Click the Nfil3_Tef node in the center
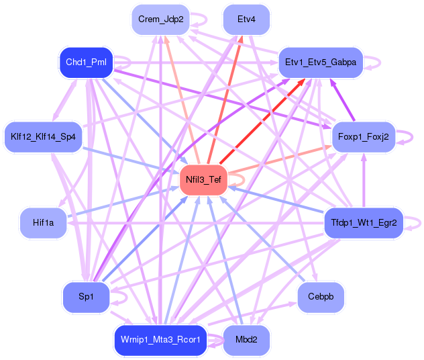coord(203,179)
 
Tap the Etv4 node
coord(246,19)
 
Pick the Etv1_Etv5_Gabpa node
coord(320,62)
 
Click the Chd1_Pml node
coord(86,62)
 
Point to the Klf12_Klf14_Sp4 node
coord(43,137)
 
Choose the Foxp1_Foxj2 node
coord(364,137)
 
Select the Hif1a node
coord(43,222)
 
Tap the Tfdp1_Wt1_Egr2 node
coord(364,222)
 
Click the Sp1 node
coord(86,296)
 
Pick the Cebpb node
coord(320,296)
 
